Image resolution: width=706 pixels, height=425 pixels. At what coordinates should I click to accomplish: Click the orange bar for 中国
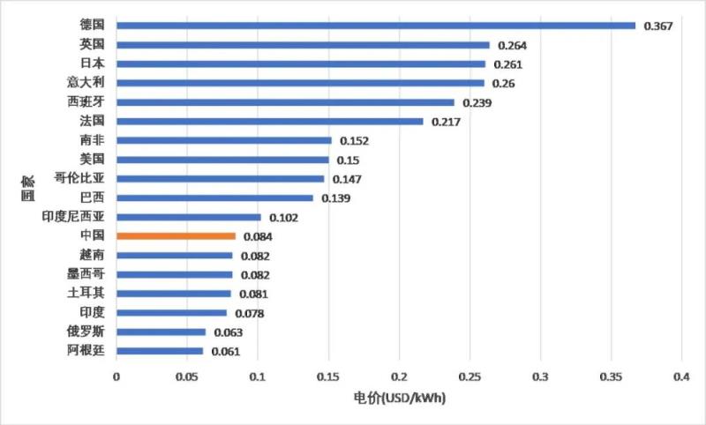click(176, 236)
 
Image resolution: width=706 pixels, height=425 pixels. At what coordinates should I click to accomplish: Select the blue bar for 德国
click(376, 26)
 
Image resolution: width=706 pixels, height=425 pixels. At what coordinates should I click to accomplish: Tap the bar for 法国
click(270, 121)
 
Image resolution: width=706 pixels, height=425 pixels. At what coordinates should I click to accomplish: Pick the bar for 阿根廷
click(160, 351)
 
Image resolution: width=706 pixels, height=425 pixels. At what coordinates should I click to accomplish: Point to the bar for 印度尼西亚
click(189, 217)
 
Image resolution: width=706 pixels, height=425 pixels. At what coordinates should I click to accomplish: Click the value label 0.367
click(657, 26)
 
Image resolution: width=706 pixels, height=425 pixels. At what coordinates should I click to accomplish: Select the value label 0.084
click(257, 237)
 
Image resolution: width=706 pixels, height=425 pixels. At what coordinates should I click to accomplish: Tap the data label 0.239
click(477, 103)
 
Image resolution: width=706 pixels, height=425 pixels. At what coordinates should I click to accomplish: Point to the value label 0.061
click(225, 352)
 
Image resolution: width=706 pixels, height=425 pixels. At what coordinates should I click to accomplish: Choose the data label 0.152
click(353, 141)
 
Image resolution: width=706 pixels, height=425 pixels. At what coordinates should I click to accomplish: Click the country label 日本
click(92, 63)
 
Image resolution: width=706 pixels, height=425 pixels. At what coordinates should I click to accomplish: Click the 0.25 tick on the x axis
click(469, 377)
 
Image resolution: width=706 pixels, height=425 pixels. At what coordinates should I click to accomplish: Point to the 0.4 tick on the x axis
click(681, 377)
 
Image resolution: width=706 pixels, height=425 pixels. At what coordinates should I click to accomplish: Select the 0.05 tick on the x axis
click(187, 377)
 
